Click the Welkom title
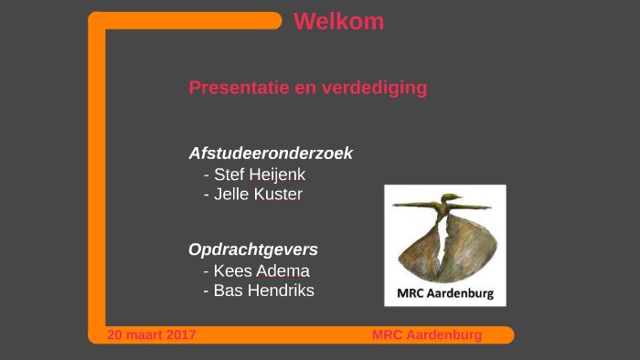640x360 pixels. pyautogui.click(x=338, y=22)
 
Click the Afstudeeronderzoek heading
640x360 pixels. pyautogui.click(x=271, y=154)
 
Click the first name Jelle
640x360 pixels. pyautogui.click(x=231, y=194)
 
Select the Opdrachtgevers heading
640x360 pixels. pyautogui.click(x=253, y=249)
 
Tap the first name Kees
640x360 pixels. pyautogui.click(x=233, y=270)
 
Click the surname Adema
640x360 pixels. pyautogui.click(x=283, y=270)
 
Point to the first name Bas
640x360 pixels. pyautogui.click(x=228, y=291)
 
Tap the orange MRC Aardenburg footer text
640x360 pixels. pyautogui.click(x=426, y=335)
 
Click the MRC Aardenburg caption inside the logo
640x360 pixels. pyautogui.click(x=445, y=294)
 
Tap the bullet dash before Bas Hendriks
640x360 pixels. pyautogui.click(x=207, y=291)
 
